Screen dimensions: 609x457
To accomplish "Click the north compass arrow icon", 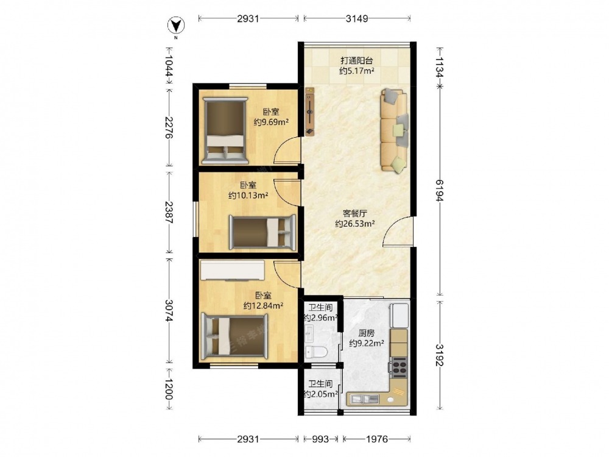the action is [x=176, y=26].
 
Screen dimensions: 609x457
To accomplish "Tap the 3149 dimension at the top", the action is [x=357, y=18].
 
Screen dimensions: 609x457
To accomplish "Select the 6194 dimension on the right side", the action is [x=440, y=190].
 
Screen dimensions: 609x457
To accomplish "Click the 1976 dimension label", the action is [x=377, y=439].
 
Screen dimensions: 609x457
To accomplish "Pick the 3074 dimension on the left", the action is [x=169, y=311].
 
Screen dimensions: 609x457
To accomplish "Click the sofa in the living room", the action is [x=394, y=130].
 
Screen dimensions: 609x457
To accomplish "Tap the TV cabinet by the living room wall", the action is [x=310, y=112].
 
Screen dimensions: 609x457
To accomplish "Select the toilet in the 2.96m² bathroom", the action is [x=316, y=352].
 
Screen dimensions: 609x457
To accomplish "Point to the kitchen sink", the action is [x=365, y=399].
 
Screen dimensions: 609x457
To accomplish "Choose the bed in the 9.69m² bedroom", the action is [x=225, y=130].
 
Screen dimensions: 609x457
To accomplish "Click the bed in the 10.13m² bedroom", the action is [x=262, y=232].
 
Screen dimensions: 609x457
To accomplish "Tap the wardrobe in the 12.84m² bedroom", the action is [x=232, y=270].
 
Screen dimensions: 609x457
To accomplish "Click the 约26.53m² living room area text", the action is [x=355, y=224].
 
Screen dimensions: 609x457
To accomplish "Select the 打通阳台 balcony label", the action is [x=357, y=60].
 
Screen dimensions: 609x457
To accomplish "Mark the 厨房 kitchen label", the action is [x=366, y=333].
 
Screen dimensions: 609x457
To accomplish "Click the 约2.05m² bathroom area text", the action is [x=320, y=394].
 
